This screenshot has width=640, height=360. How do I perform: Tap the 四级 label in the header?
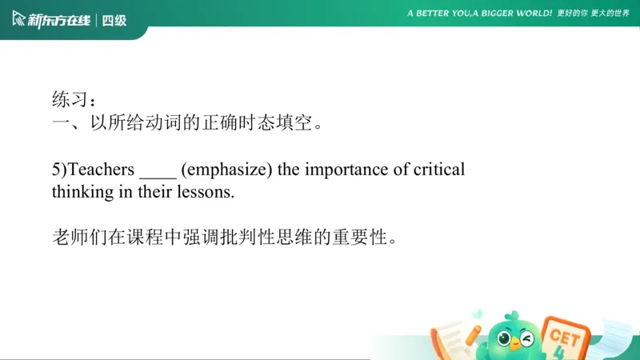pos(114,20)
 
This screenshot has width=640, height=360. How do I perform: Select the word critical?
pos(439,170)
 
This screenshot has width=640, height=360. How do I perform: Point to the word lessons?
pos(207,193)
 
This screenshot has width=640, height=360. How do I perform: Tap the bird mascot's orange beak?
pos(515,345)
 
